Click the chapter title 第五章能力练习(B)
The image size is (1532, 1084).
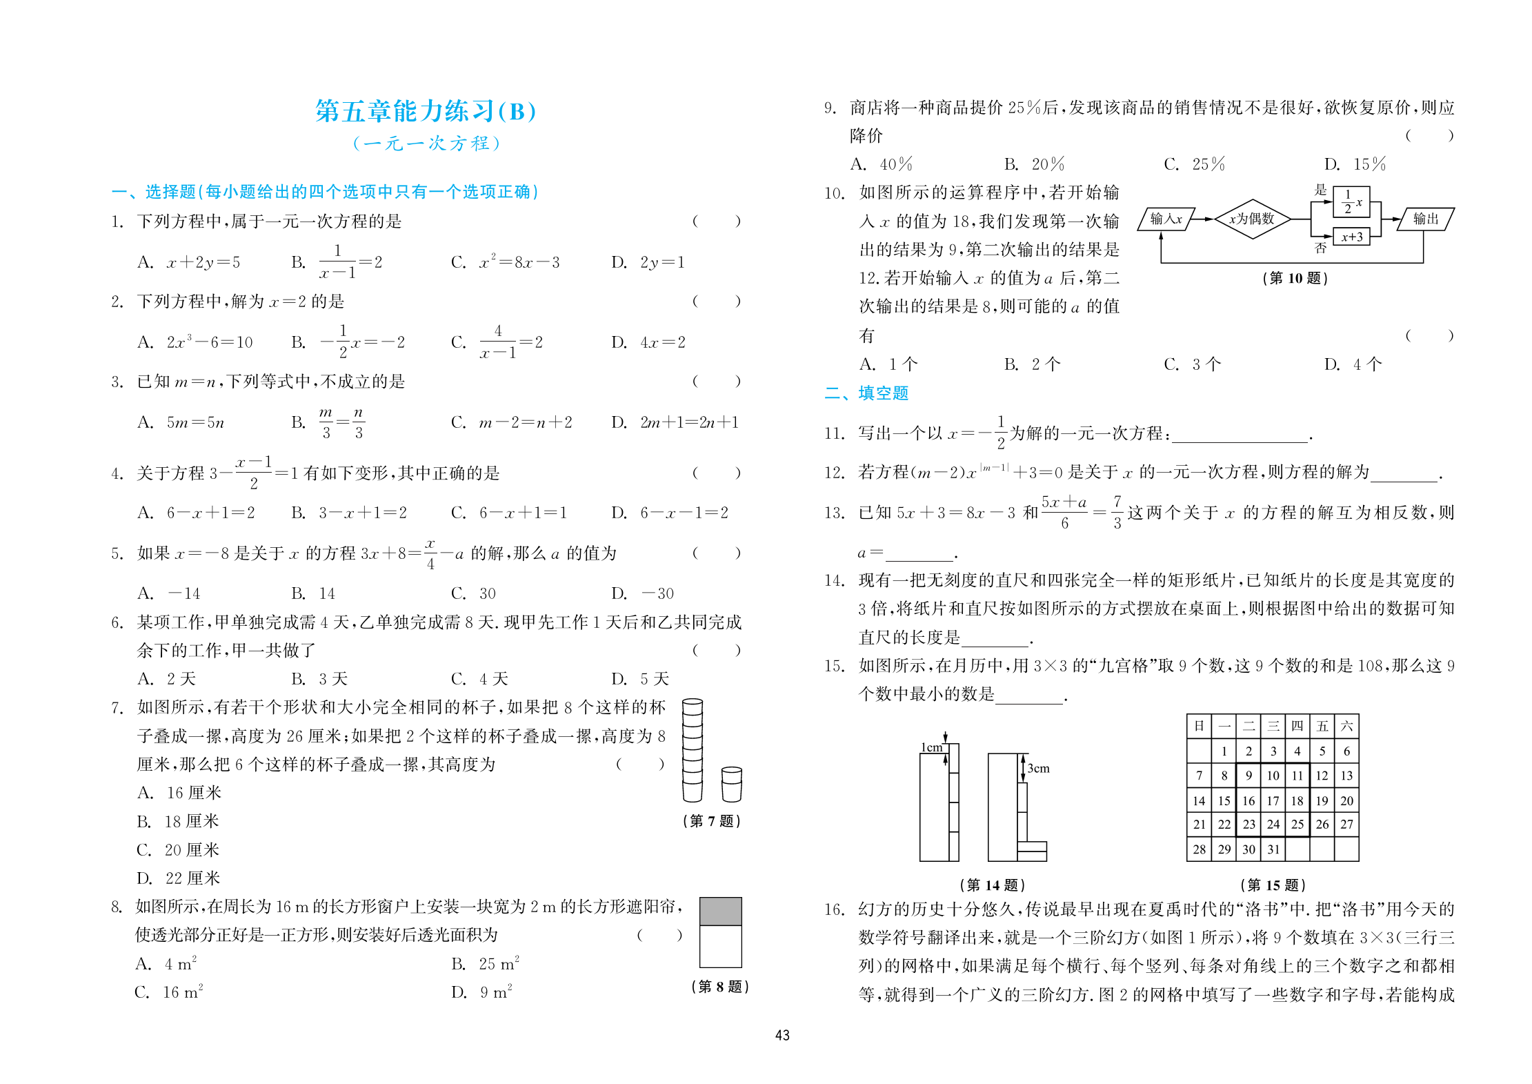pyautogui.click(x=425, y=111)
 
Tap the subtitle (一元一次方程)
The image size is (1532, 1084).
pyautogui.click(x=426, y=144)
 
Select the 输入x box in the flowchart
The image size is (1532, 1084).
pyautogui.click(x=1166, y=219)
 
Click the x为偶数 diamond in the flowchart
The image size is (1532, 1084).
pyautogui.click(x=1251, y=219)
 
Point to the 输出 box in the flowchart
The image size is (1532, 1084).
pyautogui.click(x=1425, y=219)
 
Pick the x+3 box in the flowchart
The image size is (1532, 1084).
pyautogui.click(x=1351, y=237)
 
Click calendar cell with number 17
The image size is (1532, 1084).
pyautogui.click(x=1273, y=801)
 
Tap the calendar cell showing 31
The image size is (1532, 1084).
pyautogui.click(x=1273, y=849)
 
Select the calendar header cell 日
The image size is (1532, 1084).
pyautogui.click(x=1199, y=726)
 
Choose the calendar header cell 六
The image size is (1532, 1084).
pyautogui.click(x=1346, y=726)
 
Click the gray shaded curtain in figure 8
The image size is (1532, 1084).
pyautogui.click(x=720, y=911)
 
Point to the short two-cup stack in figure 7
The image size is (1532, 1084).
pyautogui.click(x=731, y=785)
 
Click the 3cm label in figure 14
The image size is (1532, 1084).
pyautogui.click(x=1038, y=769)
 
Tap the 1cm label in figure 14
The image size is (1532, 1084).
pyautogui.click(x=931, y=748)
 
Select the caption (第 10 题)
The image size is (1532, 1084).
pyautogui.click(x=1295, y=278)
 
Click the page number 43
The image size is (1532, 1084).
pyautogui.click(x=782, y=1035)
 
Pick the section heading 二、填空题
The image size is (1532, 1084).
pyautogui.click(x=866, y=393)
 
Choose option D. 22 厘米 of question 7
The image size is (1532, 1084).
pyautogui.click(x=178, y=878)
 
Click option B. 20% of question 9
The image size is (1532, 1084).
pyautogui.click(x=1034, y=164)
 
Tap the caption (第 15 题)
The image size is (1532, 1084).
pyautogui.click(x=1273, y=885)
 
